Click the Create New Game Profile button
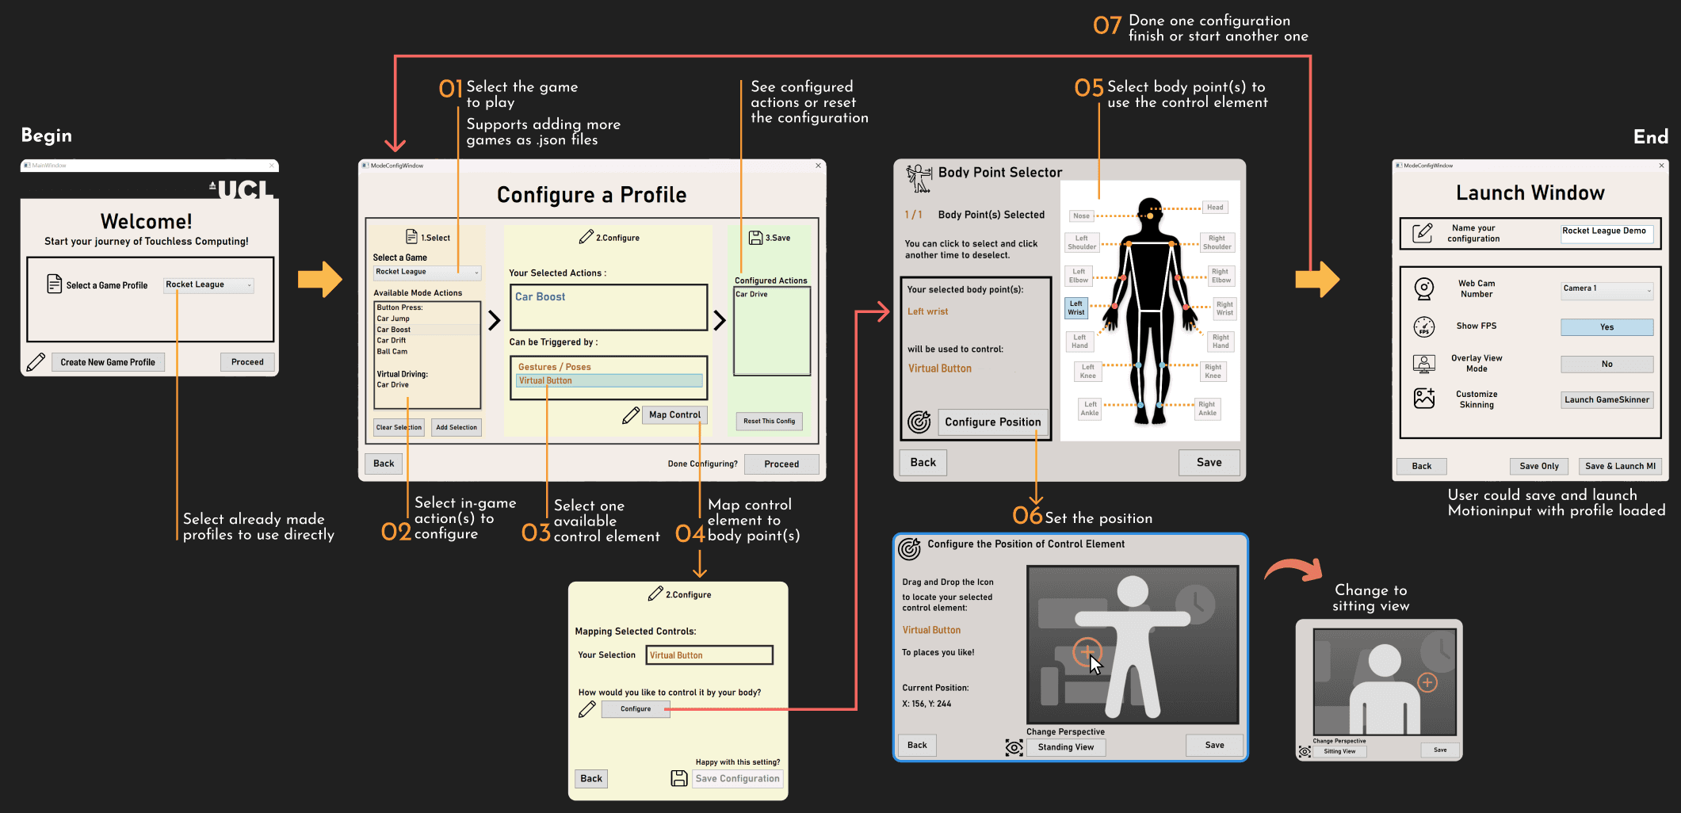pos(108,362)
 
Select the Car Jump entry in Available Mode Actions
pos(393,319)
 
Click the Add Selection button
pos(457,427)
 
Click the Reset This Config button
pos(769,421)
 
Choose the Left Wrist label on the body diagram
pos(1075,307)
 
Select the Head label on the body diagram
pos(1215,208)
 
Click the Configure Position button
pos(992,422)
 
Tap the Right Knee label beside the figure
pos(1213,371)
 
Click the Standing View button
pos(1065,747)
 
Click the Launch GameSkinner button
pos(1607,399)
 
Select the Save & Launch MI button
pos(1619,466)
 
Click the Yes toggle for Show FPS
pos(1607,326)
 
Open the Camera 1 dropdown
pos(1607,289)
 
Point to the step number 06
pos(1027,516)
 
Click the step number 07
pos(1107,26)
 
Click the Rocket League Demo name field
pos(1606,231)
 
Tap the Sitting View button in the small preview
pos(1339,751)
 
